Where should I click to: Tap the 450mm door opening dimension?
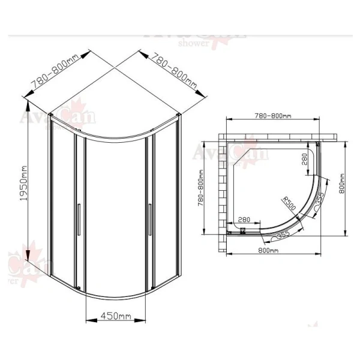(116, 316)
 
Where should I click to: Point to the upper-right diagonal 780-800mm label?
(173, 71)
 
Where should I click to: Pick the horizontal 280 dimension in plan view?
(245, 219)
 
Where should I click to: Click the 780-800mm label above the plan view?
(273, 116)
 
